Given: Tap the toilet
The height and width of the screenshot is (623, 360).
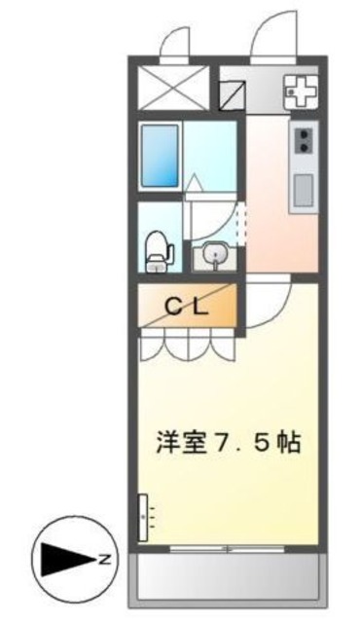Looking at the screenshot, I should pos(158,251).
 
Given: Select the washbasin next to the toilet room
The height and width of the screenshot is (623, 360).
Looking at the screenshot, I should pos(214,257).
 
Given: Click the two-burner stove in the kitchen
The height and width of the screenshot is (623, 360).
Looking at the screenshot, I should pos(304,140).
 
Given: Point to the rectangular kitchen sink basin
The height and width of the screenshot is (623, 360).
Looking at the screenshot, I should pos(303,188).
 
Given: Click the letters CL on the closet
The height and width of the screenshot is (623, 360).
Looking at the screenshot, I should pos(185,309).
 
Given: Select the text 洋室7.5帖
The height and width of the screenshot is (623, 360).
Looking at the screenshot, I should pos(226,441).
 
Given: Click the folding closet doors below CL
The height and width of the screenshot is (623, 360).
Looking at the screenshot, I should pos(187,346).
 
